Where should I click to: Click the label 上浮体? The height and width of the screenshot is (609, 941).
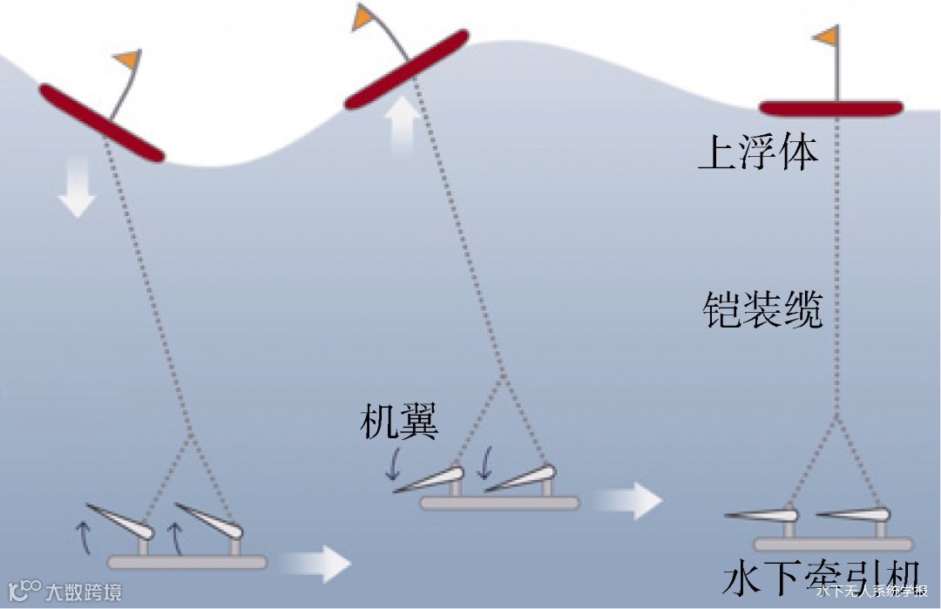(x=759, y=153)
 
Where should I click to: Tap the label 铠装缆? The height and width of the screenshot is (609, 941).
(x=762, y=310)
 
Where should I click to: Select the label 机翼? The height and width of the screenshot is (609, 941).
(x=399, y=423)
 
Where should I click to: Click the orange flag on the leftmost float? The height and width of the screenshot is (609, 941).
(x=127, y=60)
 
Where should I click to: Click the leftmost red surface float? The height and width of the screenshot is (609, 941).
(x=101, y=123)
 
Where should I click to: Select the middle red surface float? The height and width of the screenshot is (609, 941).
(x=407, y=70)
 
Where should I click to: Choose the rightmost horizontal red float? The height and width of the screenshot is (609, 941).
(x=831, y=109)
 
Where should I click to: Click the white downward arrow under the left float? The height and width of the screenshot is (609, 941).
(x=78, y=195)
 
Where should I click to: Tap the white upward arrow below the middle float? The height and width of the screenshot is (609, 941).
(x=403, y=125)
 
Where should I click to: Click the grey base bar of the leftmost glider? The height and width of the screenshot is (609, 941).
(x=186, y=563)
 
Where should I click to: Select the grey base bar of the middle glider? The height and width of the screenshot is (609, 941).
(x=499, y=503)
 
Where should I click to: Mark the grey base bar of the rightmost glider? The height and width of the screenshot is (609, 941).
(x=833, y=545)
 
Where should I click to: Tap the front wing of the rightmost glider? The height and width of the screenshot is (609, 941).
(x=852, y=515)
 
